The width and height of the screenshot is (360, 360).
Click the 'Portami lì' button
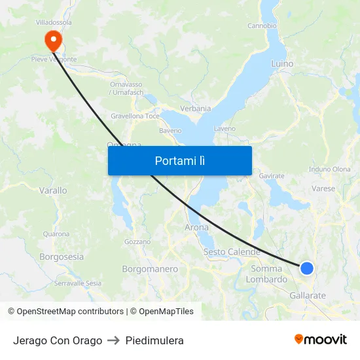179,160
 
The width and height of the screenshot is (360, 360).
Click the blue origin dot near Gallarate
306,268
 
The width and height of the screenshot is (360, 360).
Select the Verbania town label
195,109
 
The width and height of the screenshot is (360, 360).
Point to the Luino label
282,64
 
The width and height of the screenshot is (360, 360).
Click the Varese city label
323,189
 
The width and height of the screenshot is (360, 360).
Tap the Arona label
196,228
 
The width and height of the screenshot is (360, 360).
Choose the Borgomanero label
150,269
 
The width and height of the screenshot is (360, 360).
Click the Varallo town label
53,190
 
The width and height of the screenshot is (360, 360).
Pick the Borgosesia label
62,257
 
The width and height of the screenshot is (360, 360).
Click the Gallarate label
308,296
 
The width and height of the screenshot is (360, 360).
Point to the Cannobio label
262,26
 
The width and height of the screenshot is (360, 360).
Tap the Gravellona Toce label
135,116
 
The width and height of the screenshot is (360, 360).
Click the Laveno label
225,129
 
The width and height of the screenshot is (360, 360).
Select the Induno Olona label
329,169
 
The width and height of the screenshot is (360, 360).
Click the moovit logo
320,339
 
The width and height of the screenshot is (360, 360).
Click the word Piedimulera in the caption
154,340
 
